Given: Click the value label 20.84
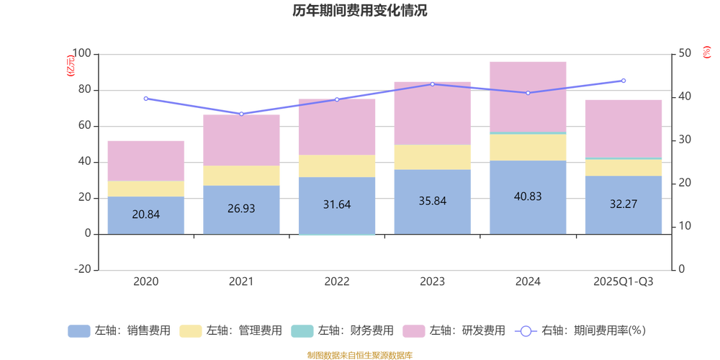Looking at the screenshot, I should [x=145, y=214].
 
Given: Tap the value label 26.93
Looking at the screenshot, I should [x=241, y=208].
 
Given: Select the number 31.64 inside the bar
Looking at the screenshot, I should [x=337, y=204].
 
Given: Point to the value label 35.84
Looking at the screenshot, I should [x=432, y=201].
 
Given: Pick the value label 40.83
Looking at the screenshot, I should [x=528, y=196].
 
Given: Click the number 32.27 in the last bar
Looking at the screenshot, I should [x=624, y=204].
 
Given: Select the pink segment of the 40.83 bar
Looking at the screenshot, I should [x=528, y=96].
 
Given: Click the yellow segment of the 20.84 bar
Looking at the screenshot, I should [x=145, y=189].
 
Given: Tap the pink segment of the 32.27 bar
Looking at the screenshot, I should [x=624, y=128].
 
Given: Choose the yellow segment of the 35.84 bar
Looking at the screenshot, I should [x=432, y=157].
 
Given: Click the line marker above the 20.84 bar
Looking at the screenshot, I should [x=145, y=99].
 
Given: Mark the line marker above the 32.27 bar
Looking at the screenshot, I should [x=624, y=81].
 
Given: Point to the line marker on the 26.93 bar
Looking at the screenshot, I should [x=241, y=113].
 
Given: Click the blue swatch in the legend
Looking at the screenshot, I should [x=78, y=331].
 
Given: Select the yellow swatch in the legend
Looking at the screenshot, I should [x=190, y=331].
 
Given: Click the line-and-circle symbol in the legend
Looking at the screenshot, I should [x=526, y=331].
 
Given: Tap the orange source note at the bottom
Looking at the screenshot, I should [x=359, y=354].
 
